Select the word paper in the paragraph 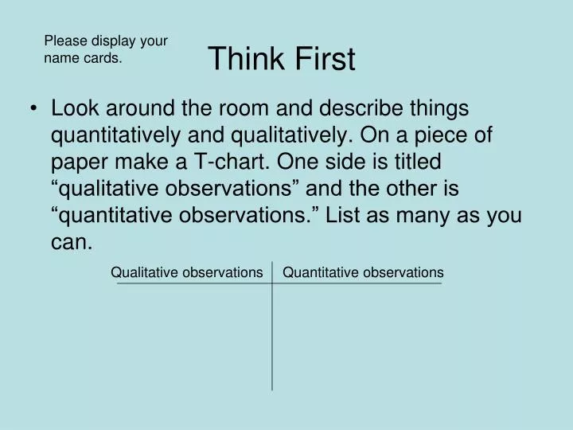[x=77, y=162]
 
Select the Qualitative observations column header [x=186, y=273]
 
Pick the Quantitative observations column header [x=363, y=273]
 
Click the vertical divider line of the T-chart [x=272, y=334]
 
